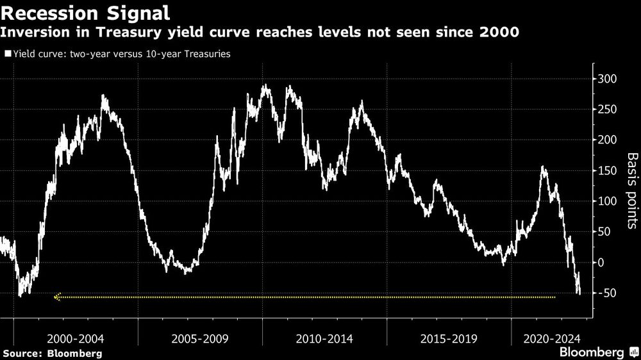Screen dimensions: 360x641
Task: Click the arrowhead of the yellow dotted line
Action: pos(58,297)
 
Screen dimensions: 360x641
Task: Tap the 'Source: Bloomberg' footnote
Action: pos(53,353)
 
